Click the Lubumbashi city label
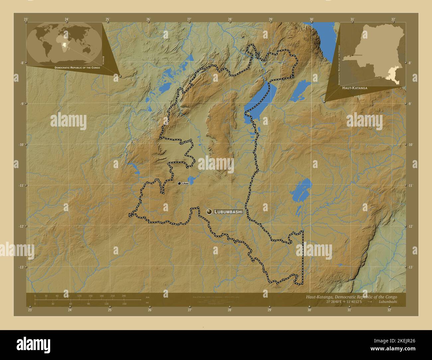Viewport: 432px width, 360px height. point(229,212)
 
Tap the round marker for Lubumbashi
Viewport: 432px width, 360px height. point(209,212)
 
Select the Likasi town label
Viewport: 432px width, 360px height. point(185,183)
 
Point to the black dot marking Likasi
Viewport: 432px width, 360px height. point(179,183)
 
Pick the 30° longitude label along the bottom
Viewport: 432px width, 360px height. point(309,310)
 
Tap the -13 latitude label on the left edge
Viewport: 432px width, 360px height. point(21,267)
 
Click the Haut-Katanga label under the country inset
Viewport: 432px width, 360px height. point(355,88)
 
